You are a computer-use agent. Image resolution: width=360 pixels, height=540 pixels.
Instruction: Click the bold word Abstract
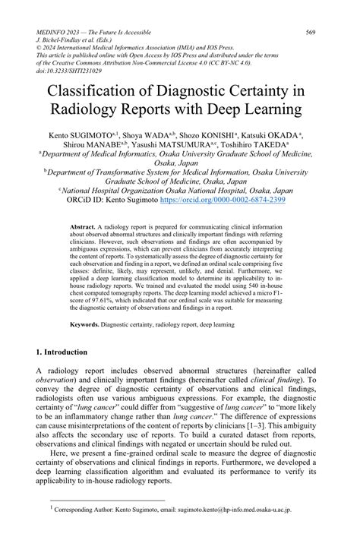81,228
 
